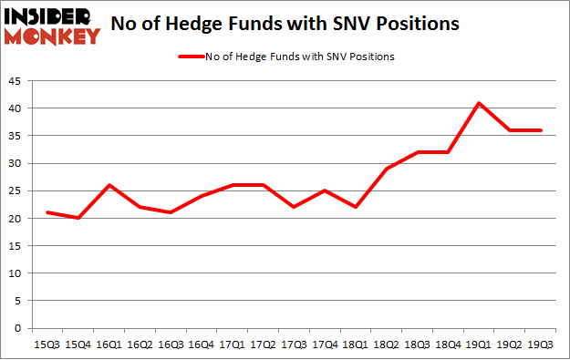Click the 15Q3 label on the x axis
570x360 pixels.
click(47, 344)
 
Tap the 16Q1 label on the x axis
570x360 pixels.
click(109, 344)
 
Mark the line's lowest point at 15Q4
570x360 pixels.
click(78, 218)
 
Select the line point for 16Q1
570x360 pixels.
click(109, 185)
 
